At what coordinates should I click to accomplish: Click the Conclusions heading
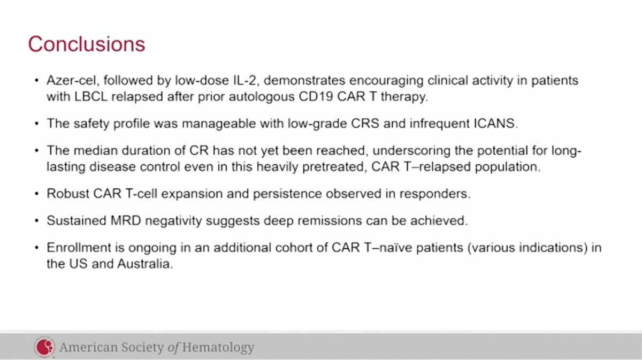coord(86,43)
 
